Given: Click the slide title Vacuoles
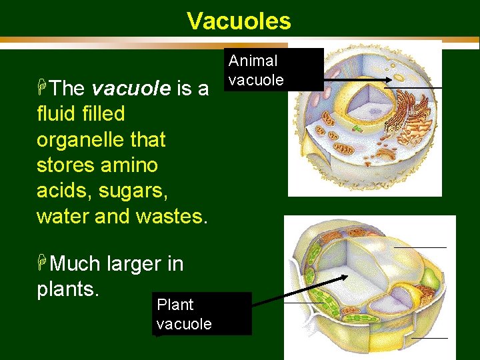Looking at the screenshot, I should pos(239,21).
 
